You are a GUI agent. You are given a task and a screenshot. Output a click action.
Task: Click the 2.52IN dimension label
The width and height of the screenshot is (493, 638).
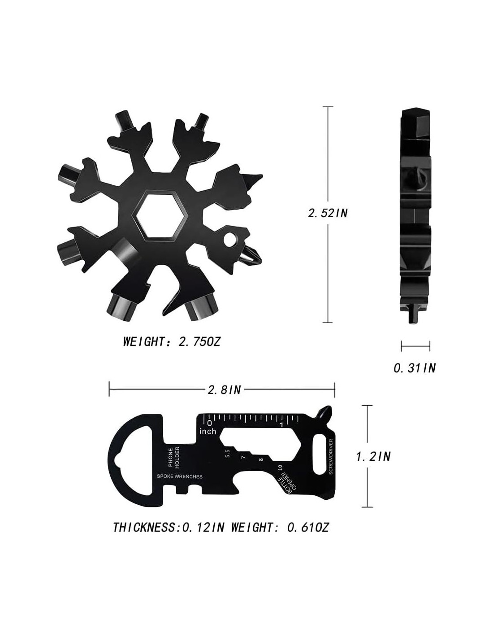328,213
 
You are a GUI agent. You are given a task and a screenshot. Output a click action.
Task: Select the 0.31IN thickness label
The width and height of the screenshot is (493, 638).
414,368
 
